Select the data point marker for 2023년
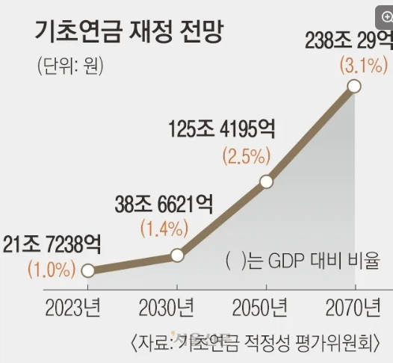tap(88, 270)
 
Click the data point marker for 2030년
tap(177, 255)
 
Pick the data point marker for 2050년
tap(265, 181)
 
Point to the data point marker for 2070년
tap(354, 87)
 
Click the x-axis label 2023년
tap(75, 307)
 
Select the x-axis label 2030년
tap(167, 307)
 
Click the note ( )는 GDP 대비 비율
tap(303, 262)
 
